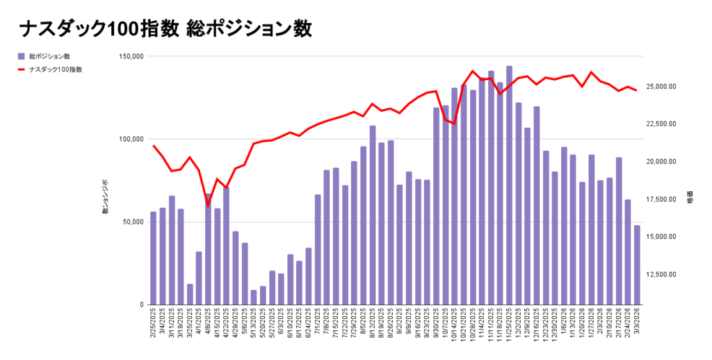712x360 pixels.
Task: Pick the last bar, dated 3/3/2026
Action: coord(637,265)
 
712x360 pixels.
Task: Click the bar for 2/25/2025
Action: coord(153,258)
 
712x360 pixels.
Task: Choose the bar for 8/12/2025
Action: coord(373,215)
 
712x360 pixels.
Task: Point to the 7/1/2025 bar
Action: coord(318,249)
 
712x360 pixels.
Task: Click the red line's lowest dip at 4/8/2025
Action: coord(208,204)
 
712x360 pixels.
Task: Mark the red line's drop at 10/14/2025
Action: coord(454,123)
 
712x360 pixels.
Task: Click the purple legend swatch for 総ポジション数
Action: coord(22,56)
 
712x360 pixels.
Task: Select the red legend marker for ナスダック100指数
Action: coord(22,69)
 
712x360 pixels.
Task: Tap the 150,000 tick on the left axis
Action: coord(130,56)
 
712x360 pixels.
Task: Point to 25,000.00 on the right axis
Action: coord(667,87)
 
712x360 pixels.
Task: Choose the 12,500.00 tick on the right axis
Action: coord(667,275)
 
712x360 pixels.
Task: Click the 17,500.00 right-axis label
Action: coord(667,199)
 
